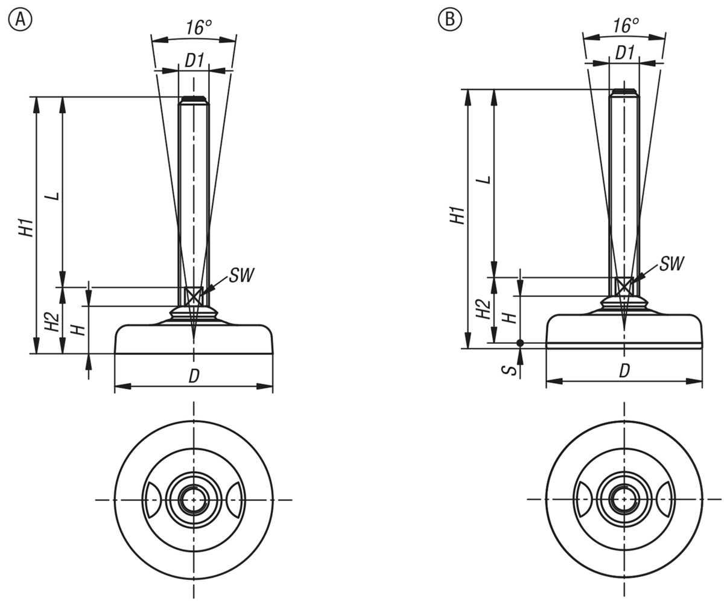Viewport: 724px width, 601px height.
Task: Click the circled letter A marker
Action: pos(20,20)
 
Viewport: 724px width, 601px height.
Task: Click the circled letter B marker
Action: pos(449,20)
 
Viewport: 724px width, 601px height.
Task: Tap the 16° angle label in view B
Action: pos(626,25)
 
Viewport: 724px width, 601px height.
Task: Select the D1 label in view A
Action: pos(194,60)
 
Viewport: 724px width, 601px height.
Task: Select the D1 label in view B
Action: pos(624,52)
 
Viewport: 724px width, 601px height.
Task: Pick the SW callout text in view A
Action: pos(241,276)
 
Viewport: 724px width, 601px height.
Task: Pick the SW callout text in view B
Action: pos(672,263)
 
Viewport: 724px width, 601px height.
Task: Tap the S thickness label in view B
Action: pos(512,369)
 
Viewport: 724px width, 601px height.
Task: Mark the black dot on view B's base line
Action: pos(521,343)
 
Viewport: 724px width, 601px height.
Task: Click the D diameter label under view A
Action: pos(194,376)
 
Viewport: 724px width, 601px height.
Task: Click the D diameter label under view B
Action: pos(624,370)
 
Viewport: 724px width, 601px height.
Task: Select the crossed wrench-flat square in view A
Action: pos(194,296)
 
